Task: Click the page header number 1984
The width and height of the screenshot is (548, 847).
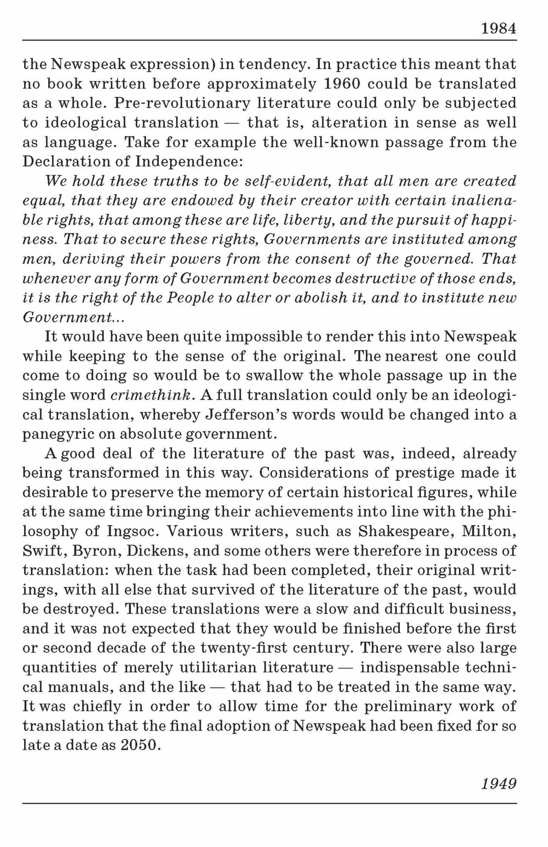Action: tap(499, 29)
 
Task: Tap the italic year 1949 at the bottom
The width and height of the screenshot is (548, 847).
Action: tap(499, 783)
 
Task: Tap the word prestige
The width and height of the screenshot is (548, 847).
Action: tap(424, 473)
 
